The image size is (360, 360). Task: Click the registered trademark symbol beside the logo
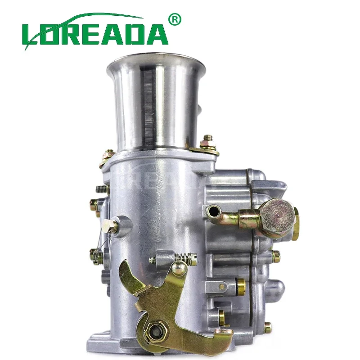pos(175,19)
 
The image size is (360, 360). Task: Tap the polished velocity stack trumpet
pos(156,101)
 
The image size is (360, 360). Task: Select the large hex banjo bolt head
pos(277,215)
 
